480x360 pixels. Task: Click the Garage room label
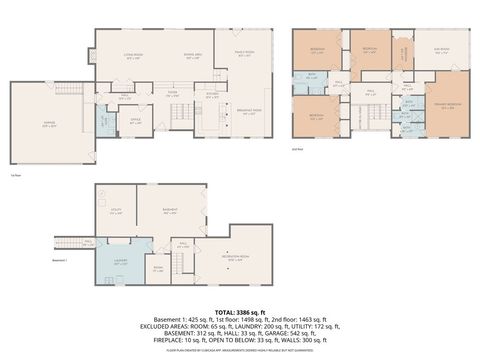(50, 125)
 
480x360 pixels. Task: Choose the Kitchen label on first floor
(212, 95)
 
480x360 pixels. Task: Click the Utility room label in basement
(116, 212)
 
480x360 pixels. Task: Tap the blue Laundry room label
(119, 263)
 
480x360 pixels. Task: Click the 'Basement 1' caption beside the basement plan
(63, 262)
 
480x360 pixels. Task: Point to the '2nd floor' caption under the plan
(296, 148)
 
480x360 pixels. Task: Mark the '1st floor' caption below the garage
(15, 173)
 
